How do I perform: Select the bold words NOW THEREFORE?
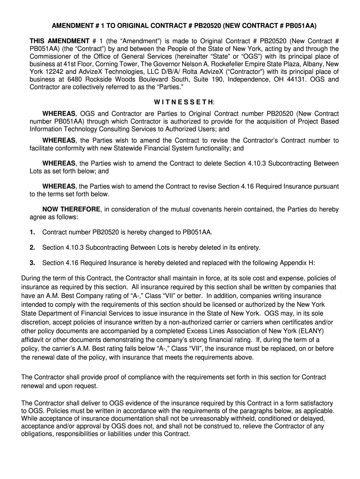pos(71,209)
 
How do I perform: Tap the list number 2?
pos(32,247)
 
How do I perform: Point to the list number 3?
pos(32,263)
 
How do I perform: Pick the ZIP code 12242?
pos(50,72)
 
